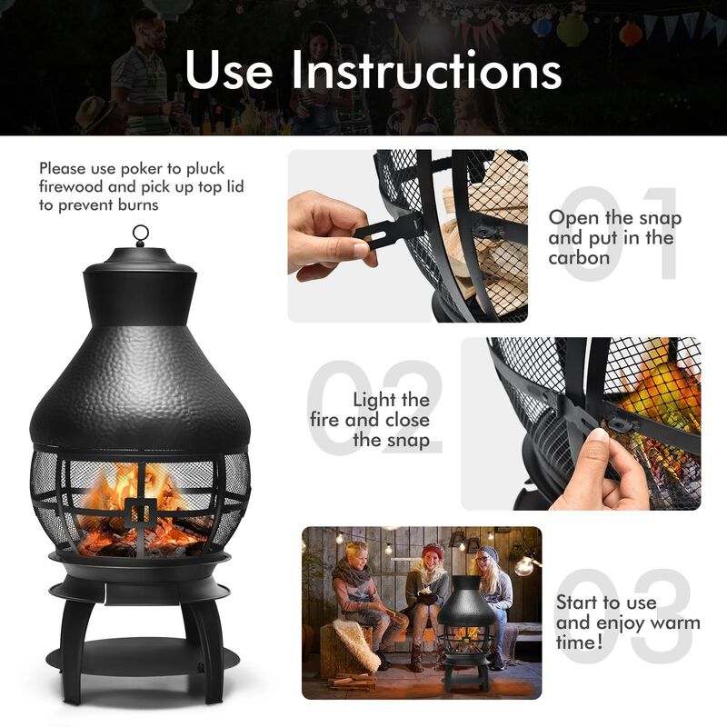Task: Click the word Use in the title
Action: pyautogui.click(x=233, y=70)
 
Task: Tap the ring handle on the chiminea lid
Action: pyautogui.click(x=140, y=234)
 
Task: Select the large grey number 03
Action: pyautogui.click(x=627, y=618)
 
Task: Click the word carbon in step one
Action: pyautogui.click(x=579, y=258)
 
